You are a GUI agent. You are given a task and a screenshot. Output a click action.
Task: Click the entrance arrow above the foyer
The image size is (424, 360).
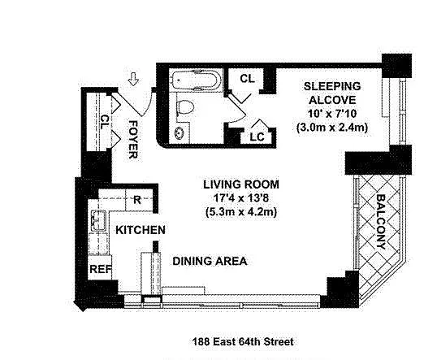click(133, 79)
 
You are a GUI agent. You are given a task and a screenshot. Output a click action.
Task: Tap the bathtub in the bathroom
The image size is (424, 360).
click(197, 80)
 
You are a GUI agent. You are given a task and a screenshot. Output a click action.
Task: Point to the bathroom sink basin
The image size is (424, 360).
click(180, 132)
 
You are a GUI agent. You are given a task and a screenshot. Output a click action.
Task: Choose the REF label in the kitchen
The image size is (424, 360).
click(101, 269)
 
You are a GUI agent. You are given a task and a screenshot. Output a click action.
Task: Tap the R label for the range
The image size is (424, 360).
click(137, 200)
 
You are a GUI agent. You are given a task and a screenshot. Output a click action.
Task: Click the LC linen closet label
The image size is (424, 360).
click(257, 137)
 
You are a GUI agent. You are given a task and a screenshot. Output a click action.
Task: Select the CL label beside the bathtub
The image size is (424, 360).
click(248, 79)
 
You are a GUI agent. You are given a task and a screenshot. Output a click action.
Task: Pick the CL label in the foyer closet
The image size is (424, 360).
click(105, 122)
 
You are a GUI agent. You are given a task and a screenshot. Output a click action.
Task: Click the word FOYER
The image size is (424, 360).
click(133, 139)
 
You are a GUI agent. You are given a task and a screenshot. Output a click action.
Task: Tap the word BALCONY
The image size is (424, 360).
click(381, 222)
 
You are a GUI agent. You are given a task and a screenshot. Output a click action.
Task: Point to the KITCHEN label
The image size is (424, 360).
click(141, 230)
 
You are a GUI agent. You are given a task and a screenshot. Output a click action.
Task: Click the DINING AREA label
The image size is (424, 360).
click(210, 261)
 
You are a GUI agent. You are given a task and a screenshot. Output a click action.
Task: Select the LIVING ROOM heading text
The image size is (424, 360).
click(241, 184)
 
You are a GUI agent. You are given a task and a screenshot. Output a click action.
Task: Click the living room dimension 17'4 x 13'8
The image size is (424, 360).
click(241, 198)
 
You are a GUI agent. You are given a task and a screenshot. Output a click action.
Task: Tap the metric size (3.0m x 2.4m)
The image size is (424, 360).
click(332, 127)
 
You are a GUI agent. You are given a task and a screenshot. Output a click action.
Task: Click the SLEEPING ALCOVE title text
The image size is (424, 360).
click(332, 93)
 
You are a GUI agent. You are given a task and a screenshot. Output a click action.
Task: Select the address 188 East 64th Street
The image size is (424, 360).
click(243, 341)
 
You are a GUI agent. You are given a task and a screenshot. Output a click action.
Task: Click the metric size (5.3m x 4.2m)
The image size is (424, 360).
click(241, 211)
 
